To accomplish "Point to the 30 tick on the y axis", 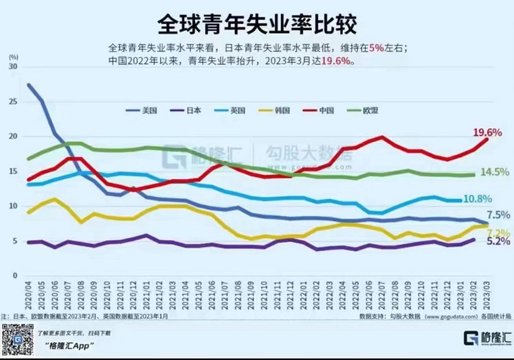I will pos(13,67).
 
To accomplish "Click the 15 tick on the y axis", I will pos(13,171).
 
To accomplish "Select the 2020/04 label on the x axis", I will pos(28,294).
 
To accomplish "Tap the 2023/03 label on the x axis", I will pos(486,294).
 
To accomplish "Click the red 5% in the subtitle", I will pos(376,48).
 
